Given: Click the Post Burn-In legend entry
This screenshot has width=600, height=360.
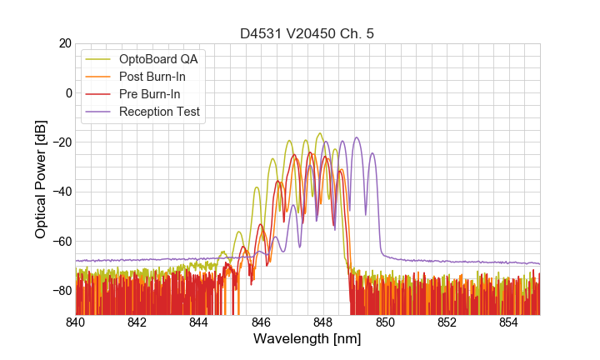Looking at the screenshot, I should click(x=162, y=77).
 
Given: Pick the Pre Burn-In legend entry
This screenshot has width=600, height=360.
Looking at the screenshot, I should click(x=159, y=94).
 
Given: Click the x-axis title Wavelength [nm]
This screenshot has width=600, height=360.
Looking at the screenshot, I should click(x=307, y=339).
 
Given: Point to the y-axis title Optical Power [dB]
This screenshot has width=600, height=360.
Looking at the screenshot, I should click(x=40, y=179).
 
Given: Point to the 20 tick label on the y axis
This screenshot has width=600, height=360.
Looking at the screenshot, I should click(x=64, y=43).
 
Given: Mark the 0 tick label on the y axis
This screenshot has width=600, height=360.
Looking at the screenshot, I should click(x=67, y=92).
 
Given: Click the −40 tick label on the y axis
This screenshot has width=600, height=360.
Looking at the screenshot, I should click(x=61, y=192).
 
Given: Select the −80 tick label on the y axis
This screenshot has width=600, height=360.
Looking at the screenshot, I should click(x=61, y=291).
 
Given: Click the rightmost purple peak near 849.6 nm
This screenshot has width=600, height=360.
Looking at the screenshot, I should click(x=372, y=153).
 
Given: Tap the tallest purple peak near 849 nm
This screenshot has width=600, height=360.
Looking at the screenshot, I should click(x=357, y=138).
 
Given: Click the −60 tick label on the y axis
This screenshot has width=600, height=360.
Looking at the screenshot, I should click(x=61, y=241).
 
